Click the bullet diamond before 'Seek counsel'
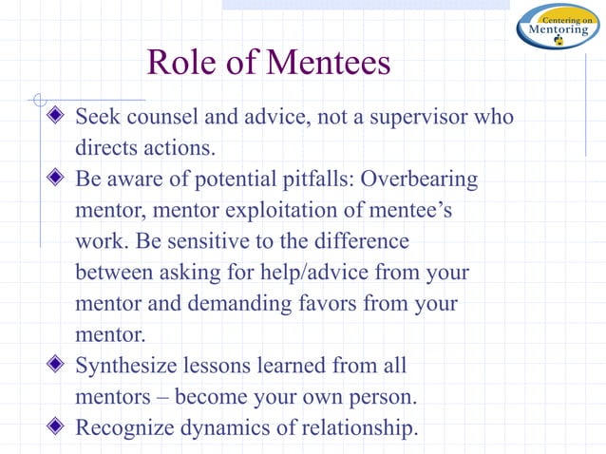58,118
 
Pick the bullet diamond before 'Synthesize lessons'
58,366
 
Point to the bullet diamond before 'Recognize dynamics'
58,427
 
